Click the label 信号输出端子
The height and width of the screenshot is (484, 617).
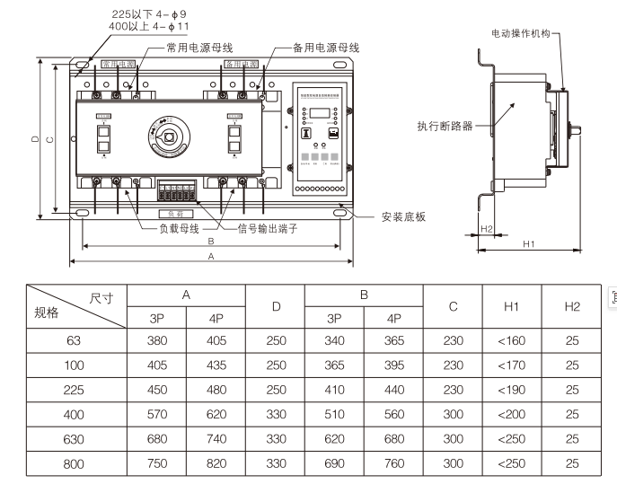pos(267,228)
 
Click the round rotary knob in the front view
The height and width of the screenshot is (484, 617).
pos(169,138)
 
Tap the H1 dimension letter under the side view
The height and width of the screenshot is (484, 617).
pos(530,242)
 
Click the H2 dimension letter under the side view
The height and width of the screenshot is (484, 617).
pos(486,228)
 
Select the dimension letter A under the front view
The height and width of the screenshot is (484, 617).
pos(210,256)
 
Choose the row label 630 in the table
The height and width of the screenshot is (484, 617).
pos(75,439)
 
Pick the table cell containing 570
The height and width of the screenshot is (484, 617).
pos(156,415)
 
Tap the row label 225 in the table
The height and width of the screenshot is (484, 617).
pos(75,390)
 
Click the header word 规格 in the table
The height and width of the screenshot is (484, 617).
pos(47,313)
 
